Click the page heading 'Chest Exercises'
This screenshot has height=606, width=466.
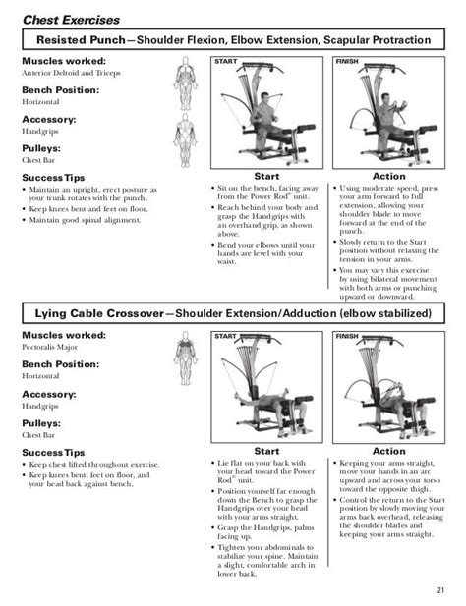click(x=70, y=19)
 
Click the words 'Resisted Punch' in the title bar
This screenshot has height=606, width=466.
click(x=84, y=41)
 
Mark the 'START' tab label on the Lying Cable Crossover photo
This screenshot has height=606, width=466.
click(x=226, y=335)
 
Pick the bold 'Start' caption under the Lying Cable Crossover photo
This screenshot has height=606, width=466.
click(x=266, y=451)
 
